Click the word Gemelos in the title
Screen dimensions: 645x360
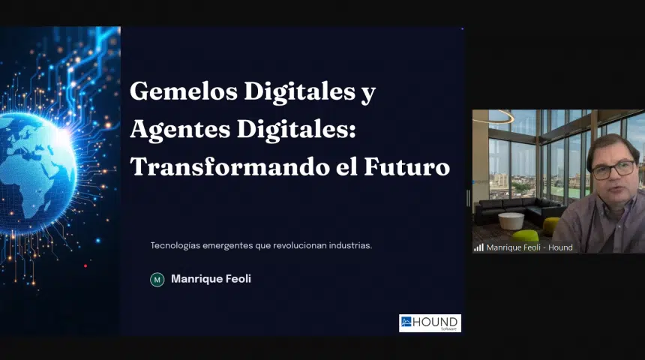coord(184,91)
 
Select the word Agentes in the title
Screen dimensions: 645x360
coord(180,130)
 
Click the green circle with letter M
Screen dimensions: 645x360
coord(157,280)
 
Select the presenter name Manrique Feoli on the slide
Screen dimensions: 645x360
coord(211,279)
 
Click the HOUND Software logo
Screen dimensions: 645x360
coord(430,323)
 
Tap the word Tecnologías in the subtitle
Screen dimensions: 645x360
coord(175,245)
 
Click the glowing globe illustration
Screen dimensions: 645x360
coord(35,173)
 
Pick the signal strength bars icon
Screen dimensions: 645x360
coord(478,247)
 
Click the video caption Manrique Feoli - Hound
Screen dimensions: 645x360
coord(529,247)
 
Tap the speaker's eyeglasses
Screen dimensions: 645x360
coord(613,169)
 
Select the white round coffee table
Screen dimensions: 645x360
coord(511,220)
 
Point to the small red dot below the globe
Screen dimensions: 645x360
coord(85,265)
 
